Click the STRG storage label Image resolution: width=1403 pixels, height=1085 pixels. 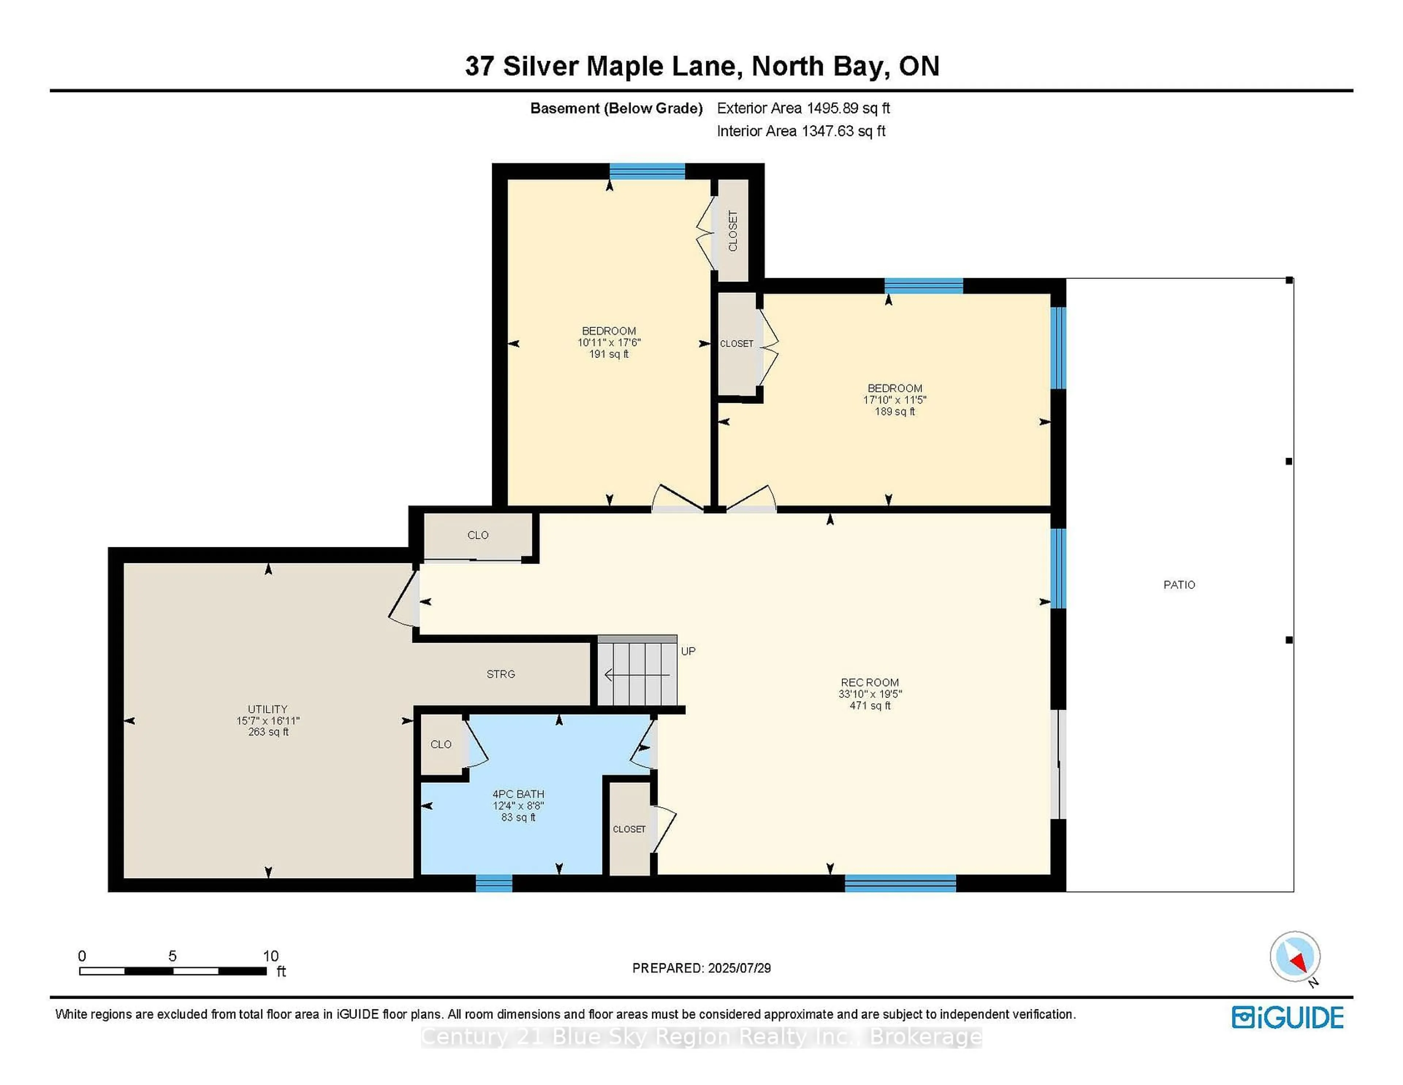tap(501, 674)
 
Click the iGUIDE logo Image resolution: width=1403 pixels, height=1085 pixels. tap(1288, 1017)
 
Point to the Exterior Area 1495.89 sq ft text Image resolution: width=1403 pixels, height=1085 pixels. tap(803, 108)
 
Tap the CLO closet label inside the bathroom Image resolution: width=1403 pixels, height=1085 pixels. tap(441, 744)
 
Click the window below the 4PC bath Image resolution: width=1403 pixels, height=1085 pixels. tap(493, 884)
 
